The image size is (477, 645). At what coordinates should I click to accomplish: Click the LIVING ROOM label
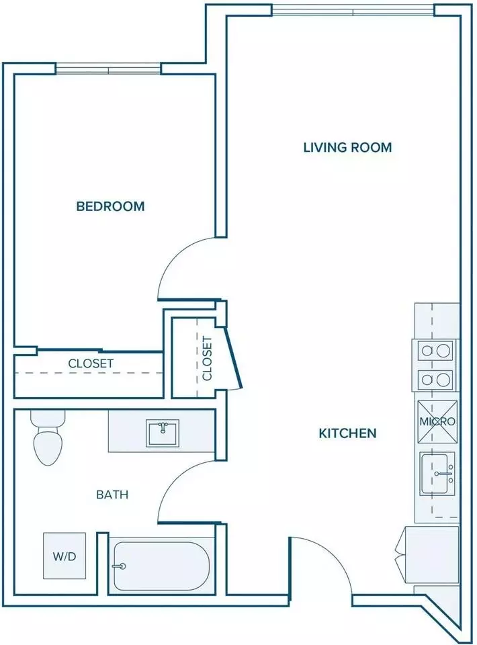point(347,147)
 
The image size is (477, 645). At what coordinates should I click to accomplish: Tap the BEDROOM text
point(111,206)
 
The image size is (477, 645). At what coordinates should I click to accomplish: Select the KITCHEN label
point(347,433)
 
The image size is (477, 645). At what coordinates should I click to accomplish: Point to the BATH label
point(112,494)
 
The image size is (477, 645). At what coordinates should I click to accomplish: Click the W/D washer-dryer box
point(65,556)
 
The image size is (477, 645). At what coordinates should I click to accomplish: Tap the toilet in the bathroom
point(48,437)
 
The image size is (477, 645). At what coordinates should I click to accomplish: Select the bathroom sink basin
point(163,433)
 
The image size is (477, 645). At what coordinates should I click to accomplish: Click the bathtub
point(162,566)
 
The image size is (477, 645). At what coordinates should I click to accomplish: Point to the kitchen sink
point(437,474)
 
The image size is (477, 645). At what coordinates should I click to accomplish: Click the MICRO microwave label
point(437,422)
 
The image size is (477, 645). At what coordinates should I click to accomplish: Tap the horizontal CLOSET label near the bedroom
point(91,363)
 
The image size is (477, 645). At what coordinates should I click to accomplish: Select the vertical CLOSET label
point(207,358)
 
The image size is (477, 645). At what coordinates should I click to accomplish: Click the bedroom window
point(108,69)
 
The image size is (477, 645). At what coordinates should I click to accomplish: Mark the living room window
point(353,10)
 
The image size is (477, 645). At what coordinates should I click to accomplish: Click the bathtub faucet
point(120,566)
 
